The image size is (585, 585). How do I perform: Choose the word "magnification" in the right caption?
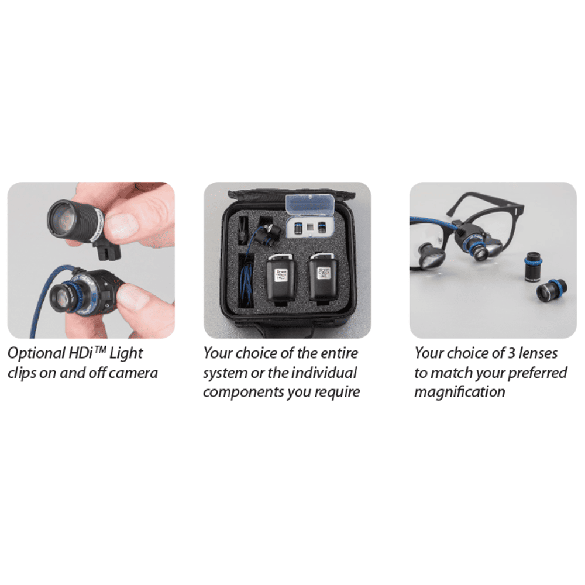460,392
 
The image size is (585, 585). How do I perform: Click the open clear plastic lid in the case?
309,204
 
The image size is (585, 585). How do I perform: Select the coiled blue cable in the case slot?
247,284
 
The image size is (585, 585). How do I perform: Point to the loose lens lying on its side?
552,291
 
